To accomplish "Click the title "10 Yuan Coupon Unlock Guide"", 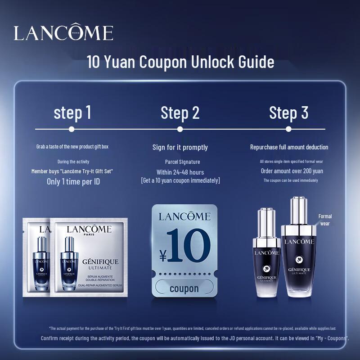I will click(x=180, y=62).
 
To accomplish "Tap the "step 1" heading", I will click(x=72, y=112).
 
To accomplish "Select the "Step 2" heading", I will click(x=180, y=112).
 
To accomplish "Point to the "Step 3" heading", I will click(x=288, y=112).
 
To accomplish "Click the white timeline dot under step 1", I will click(x=72, y=129).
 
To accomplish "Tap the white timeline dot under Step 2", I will click(x=180, y=129).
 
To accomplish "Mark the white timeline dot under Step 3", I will click(x=289, y=129).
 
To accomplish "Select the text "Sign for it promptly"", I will click(x=180, y=147).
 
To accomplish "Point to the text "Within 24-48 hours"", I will click(x=180, y=172).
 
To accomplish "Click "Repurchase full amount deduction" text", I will click(x=289, y=147).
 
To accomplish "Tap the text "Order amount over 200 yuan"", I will click(x=292, y=171).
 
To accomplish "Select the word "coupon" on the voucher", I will click(x=184, y=288).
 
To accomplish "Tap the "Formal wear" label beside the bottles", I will click(x=325, y=220).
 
